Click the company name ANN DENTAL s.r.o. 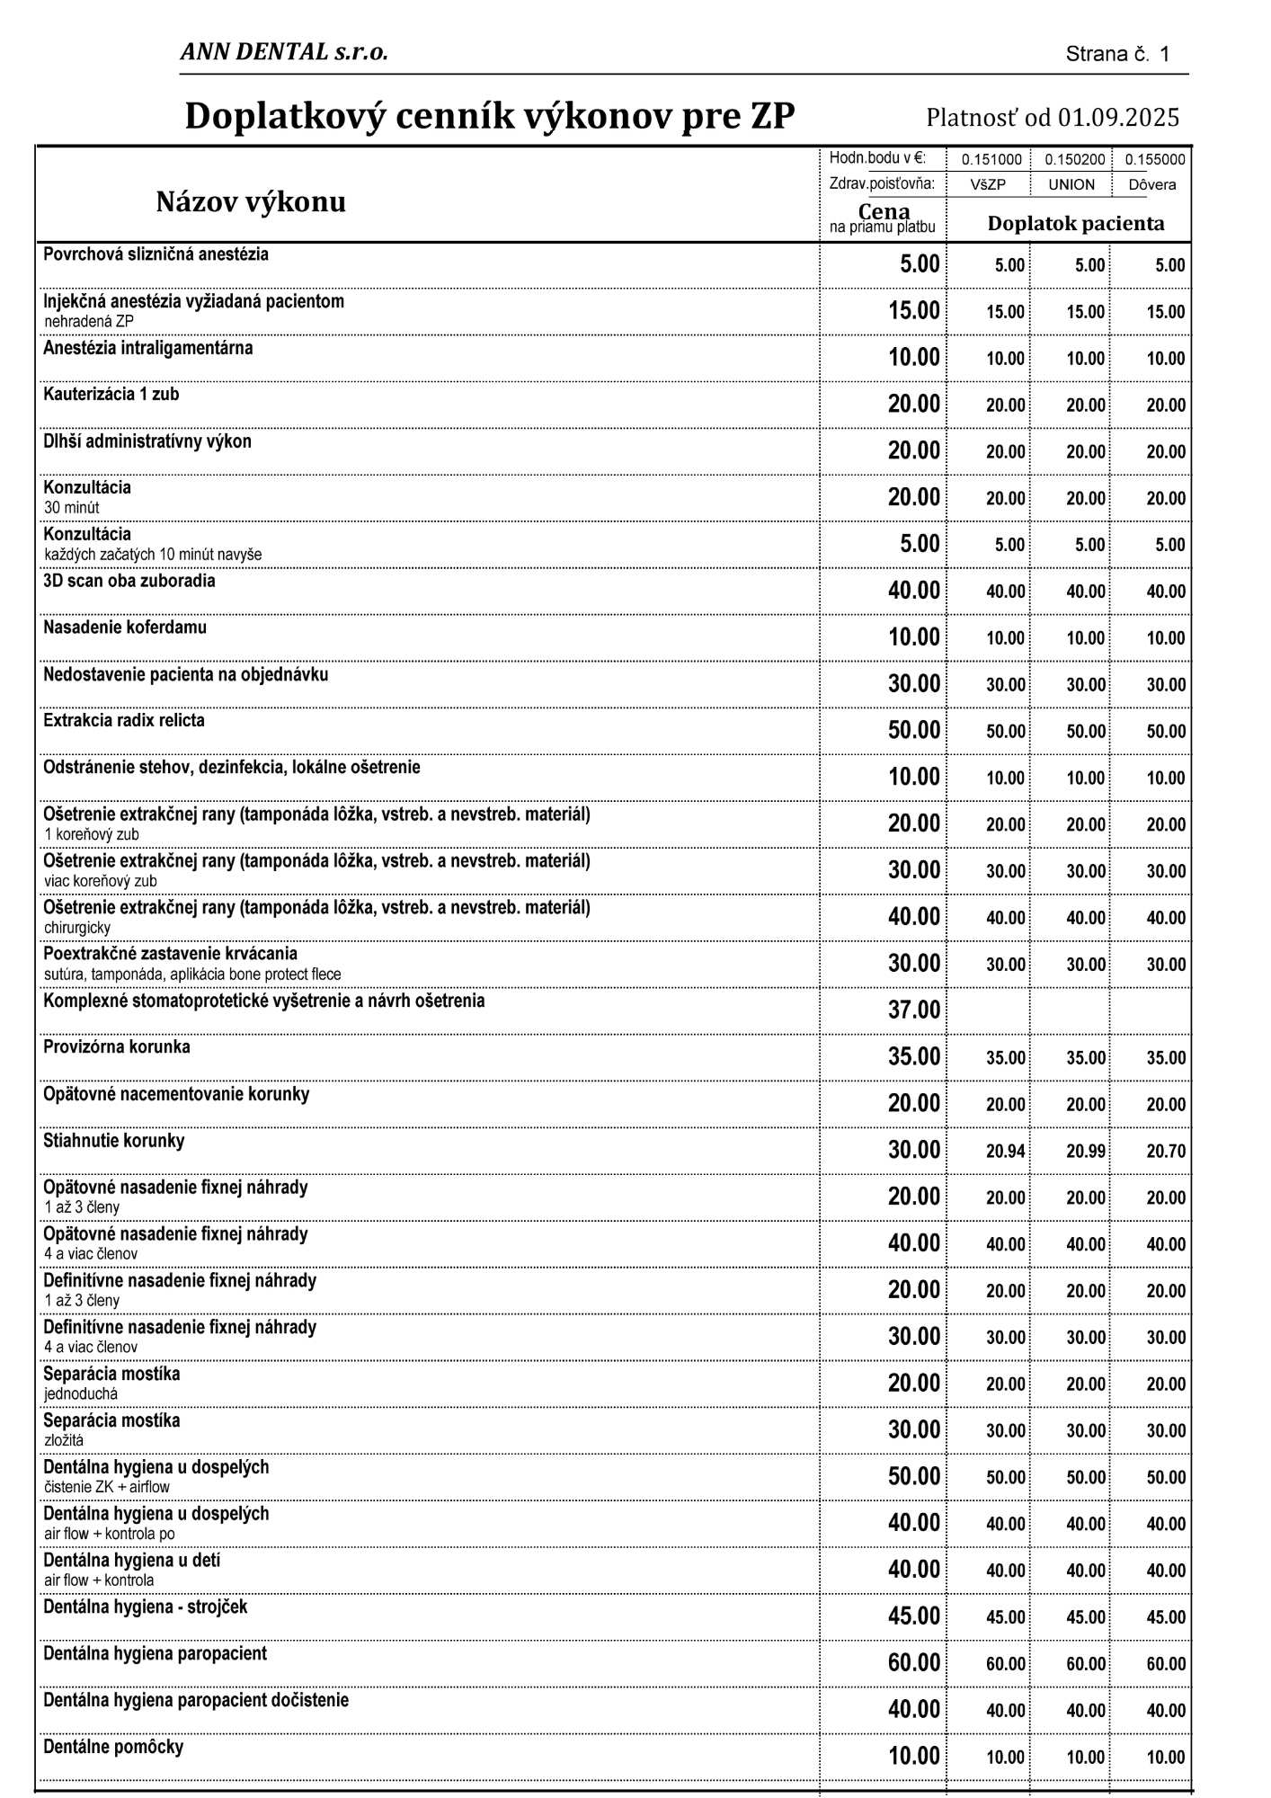284,52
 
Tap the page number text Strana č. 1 1117,54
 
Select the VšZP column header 988,184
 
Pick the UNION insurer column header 1071,184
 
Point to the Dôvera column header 1152,184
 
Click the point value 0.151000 991,160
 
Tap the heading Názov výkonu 251,201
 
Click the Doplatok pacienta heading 1075,224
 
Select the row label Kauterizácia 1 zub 111,394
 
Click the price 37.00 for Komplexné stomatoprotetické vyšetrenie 913,1010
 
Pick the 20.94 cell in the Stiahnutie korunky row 1005,1151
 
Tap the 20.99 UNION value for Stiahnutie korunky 1086,1151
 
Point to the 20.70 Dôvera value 1166,1151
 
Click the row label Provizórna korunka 117,1047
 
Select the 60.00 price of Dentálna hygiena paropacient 913,1663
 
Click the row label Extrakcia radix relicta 124,720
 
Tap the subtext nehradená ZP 89,321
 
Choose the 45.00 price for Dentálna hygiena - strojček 913,1616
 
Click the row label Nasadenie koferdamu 125,628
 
